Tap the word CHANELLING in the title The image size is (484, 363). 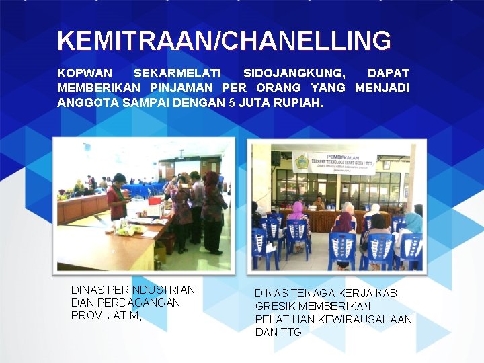pos(306,41)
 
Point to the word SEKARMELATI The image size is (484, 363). pos(177,73)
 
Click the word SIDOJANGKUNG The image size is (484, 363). pos(294,73)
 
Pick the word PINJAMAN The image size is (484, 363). pos(188,88)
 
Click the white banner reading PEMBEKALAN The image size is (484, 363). pos(333,163)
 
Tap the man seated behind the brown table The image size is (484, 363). pos(320,203)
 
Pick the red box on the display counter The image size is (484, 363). pos(155,200)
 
